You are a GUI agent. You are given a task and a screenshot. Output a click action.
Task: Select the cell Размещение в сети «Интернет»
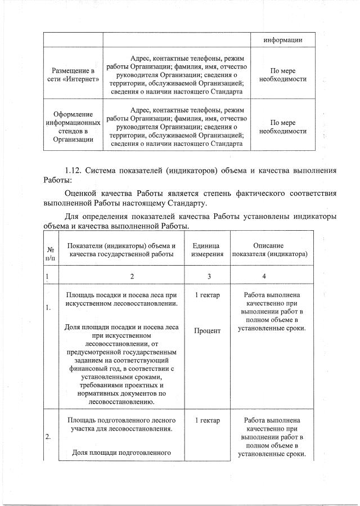(x=73, y=74)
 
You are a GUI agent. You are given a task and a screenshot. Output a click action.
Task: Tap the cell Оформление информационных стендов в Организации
(x=73, y=127)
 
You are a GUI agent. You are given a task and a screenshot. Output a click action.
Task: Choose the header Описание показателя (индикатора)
(x=272, y=250)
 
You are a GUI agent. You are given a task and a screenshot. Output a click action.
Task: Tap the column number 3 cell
(x=209, y=276)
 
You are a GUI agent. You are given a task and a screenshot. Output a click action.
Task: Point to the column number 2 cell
(x=132, y=276)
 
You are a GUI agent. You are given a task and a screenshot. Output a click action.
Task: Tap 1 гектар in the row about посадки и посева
(x=208, y=295)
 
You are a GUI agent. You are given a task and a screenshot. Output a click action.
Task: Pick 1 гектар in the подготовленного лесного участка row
(x=208, y=420)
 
